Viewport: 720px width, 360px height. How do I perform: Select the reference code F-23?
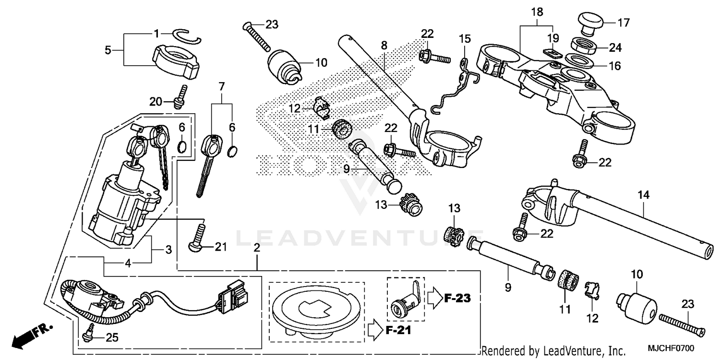coord(457,298)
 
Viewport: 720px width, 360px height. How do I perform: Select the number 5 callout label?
coord(108,49)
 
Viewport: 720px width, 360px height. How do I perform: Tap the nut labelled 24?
coord(583,47)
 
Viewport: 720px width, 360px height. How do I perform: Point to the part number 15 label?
coord(465,38)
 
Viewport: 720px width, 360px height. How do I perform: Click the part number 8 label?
coord(384,46)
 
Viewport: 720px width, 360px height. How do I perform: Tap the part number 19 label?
coord(553,38)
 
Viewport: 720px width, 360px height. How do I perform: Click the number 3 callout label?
coord(168,250)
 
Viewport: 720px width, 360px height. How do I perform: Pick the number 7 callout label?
coord(221,86)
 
